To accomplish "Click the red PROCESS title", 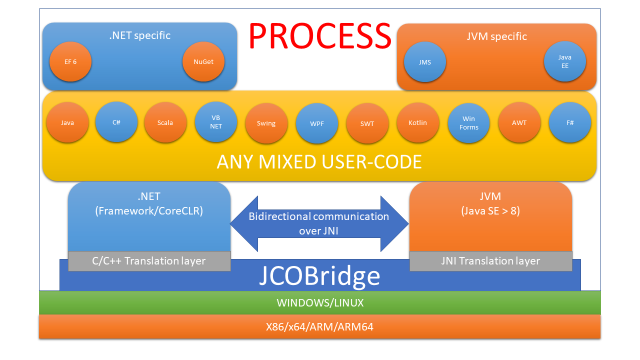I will (x=319, y=35).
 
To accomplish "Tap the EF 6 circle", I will (x=70, y=61).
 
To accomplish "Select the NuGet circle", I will (x=203, y=61).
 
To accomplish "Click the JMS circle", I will (x=425, y=62).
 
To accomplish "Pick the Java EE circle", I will (x=564, y=61).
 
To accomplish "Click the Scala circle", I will (x=165, y=123).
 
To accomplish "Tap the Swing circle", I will (x=266, y=123).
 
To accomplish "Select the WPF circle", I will (x=317, y=123).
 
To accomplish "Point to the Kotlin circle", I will (x=417, y=123).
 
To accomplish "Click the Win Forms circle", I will (x=468, y=123).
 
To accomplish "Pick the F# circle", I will (x=570, y=123).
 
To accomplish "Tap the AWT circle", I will (x=519, y=123).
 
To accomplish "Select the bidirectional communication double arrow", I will (x=319, y=223).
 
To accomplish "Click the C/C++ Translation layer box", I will (x=149, y=261).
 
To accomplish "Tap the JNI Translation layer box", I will (x=490, y=261).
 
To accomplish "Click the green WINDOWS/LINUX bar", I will (x=319, y=302).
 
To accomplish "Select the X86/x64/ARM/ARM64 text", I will (x=319, y=327).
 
